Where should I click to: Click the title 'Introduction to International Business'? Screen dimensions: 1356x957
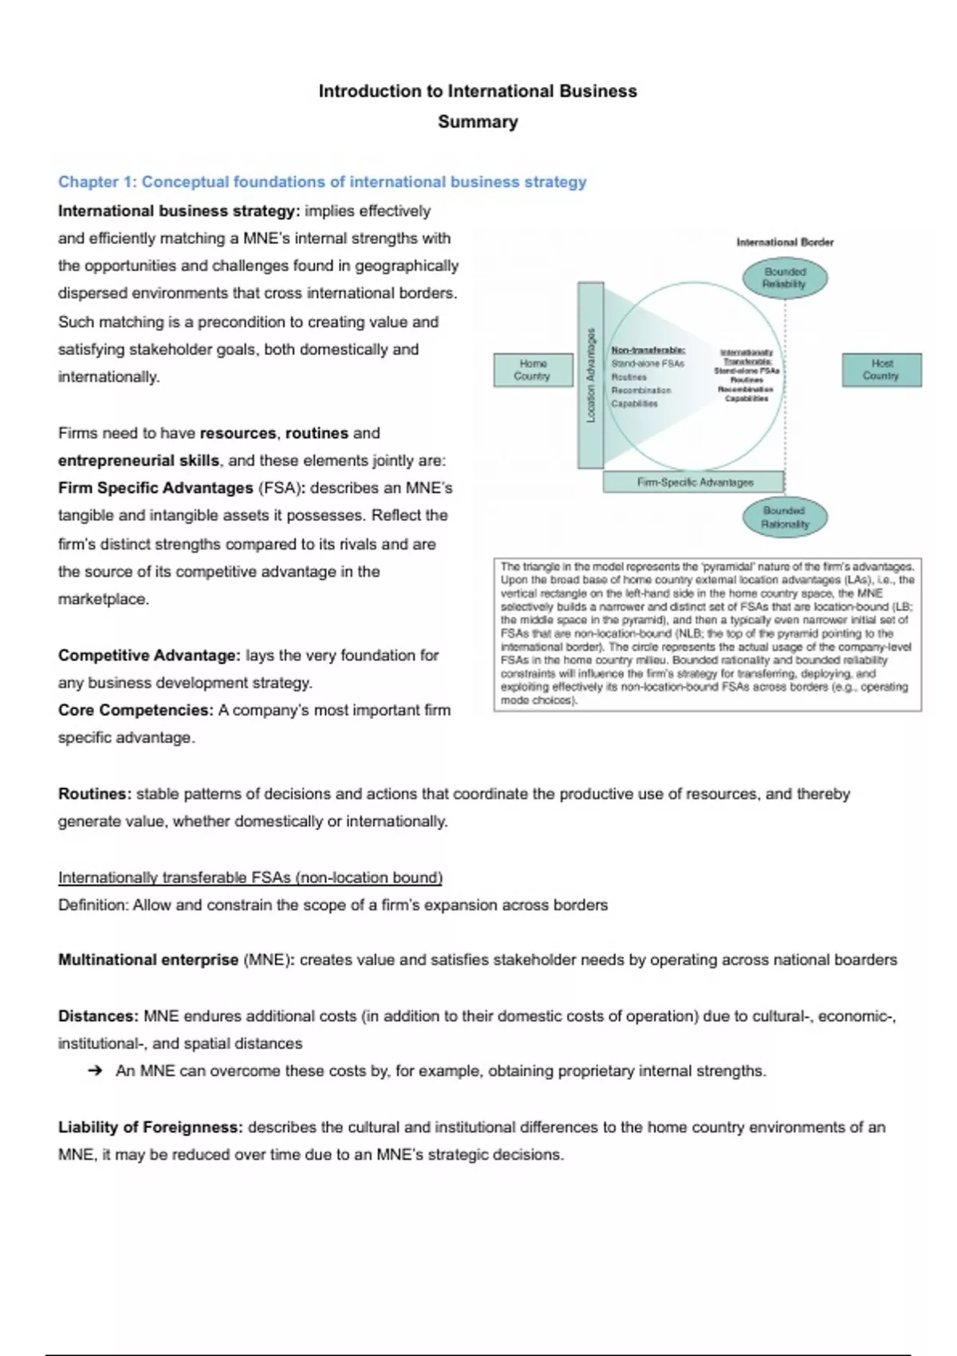pyautogui.click(x=478, y=91)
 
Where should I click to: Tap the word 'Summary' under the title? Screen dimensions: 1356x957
pyautogui.click(x=478, y=122)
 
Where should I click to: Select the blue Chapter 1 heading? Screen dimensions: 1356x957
pyautogui.click(x=322, y=182)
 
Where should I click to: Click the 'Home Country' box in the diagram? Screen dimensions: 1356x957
pyautogui.click(x=532, y=370)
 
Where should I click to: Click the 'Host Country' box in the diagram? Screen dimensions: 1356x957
pyautogui.click(x=881, y=370)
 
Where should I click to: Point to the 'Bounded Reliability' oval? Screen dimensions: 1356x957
pyautogui.click(x=785, y=278)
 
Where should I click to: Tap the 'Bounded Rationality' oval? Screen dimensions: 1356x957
pyautogui.click(x=785, y=517)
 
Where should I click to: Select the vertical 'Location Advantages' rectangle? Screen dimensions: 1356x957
pyautogui.click(x=591, y=375)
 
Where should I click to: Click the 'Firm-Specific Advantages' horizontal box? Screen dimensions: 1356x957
pyautogui.click(x=694, y=482)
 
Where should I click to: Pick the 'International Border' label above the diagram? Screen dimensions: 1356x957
pyautogui.click(x=785, y=242)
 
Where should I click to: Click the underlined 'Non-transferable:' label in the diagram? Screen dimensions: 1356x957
pyautogui.click(x=648, y=350)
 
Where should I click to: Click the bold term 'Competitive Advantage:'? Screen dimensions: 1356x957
pyautogui.click(x=149, y=656)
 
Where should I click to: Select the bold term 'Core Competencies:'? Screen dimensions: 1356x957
pyautogui.click(x=136, y=710)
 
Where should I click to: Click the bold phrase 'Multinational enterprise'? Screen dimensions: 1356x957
pyautogui.click(x=148, y=960)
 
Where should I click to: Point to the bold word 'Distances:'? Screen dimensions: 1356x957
pyautogui.click(x=99, y=1016)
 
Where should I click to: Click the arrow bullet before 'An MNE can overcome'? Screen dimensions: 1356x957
pyautogui.click(x=96, y=1071)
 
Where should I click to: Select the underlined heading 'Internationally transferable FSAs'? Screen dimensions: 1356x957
pyautogui.click(x=250, y=878)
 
